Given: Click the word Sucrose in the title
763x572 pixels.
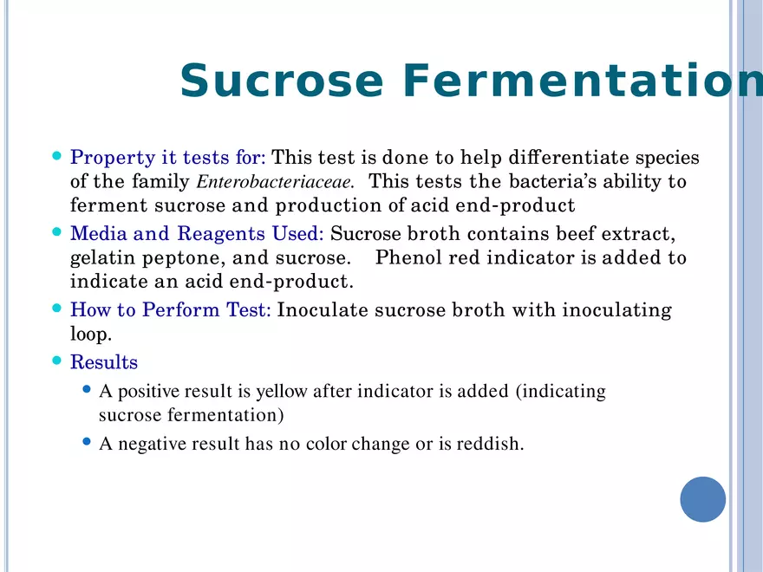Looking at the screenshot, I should point(282,81).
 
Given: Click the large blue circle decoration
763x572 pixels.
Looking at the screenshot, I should point(702,499).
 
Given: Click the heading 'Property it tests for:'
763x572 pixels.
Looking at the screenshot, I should point(168,158).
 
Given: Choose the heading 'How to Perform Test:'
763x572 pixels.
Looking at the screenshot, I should point(170,310).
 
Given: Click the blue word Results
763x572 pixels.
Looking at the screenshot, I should point(103,362).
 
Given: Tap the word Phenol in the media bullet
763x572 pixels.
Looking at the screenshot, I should point(407,258).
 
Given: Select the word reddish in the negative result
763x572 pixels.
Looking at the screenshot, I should point(491,445).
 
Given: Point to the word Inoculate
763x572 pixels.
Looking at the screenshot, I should point(317,310).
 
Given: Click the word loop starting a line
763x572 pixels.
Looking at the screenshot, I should point(90,334).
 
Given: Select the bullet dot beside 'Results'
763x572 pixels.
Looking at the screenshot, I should point(57,361).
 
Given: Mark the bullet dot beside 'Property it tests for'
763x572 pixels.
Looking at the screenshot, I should point(57,157).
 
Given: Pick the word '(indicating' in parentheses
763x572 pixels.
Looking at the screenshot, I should point(561,392).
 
